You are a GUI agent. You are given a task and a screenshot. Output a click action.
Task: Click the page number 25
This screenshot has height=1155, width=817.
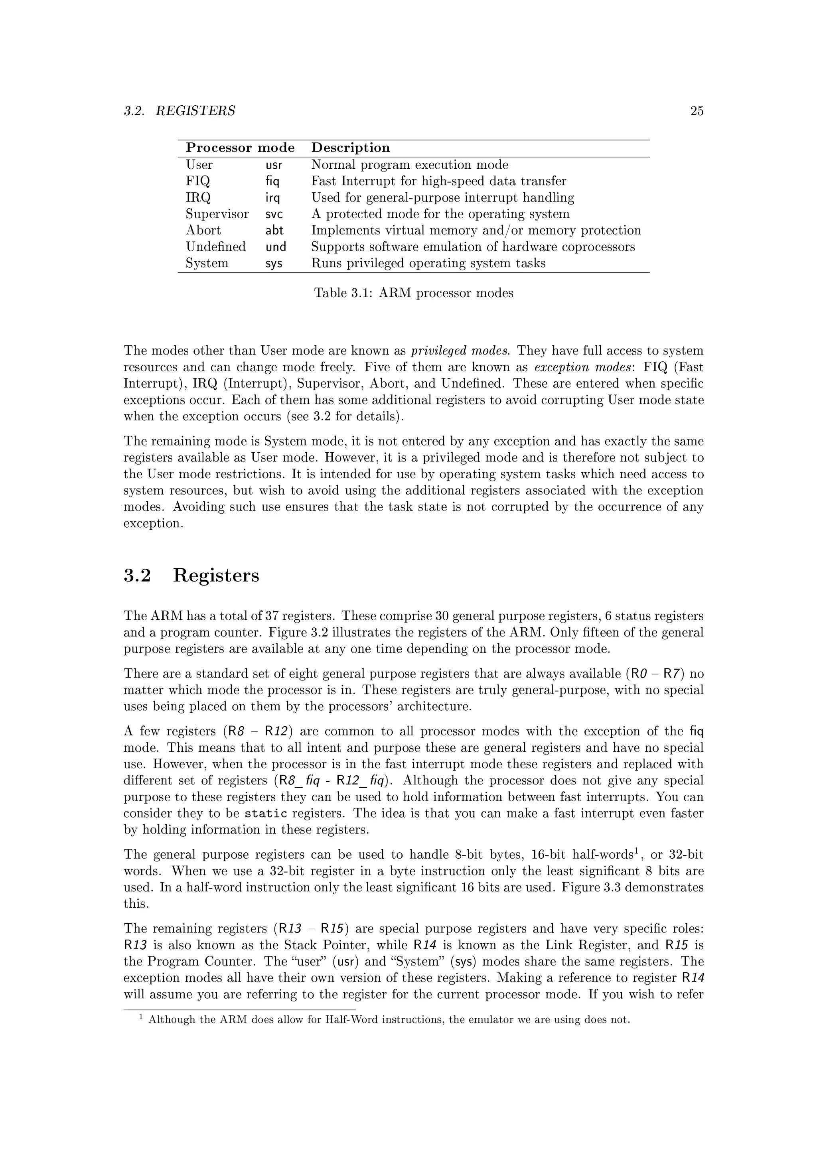[696, 111]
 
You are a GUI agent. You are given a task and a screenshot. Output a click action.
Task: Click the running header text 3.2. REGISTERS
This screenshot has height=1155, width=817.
[179, 111]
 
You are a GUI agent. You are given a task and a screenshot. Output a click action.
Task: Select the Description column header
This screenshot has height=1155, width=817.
[351, 148]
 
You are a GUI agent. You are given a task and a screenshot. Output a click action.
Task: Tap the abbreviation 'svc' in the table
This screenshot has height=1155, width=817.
[274, 214]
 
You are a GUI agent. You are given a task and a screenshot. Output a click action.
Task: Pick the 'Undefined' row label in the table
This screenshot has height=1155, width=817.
[215, 247]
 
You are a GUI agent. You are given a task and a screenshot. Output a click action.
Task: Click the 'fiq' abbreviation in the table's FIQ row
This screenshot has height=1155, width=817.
[272, 181]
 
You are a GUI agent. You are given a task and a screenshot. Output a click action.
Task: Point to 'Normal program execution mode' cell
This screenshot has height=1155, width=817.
[410, 165]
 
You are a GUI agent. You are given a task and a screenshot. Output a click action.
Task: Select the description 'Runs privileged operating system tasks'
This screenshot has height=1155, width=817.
[428, 264]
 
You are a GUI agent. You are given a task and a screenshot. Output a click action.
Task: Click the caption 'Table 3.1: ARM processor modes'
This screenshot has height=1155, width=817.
[414, 293]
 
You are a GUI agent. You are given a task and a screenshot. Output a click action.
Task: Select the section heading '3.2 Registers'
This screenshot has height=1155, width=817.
[191, 576]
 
